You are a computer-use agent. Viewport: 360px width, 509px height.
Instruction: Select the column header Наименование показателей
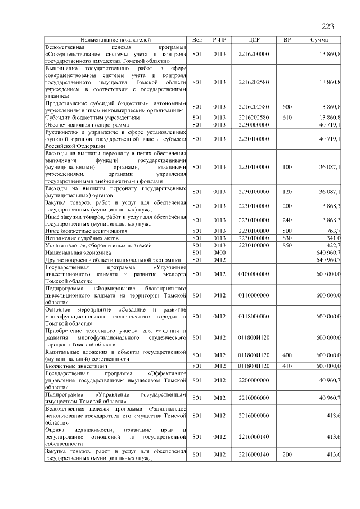pos(115,40)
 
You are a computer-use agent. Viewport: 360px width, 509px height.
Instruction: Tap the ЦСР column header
pos(253,40)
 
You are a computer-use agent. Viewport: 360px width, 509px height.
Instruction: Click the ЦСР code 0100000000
pos(253,274)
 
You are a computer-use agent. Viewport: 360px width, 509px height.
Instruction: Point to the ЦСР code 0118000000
pos(253,317)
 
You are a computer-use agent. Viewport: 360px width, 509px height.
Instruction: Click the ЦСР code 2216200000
pos(253,54)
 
